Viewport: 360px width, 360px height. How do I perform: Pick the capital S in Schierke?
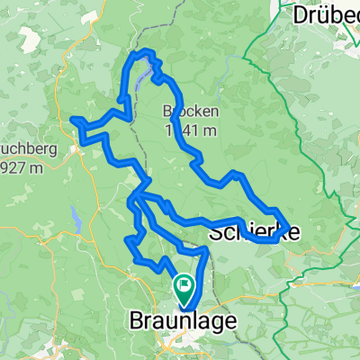point(215,232)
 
